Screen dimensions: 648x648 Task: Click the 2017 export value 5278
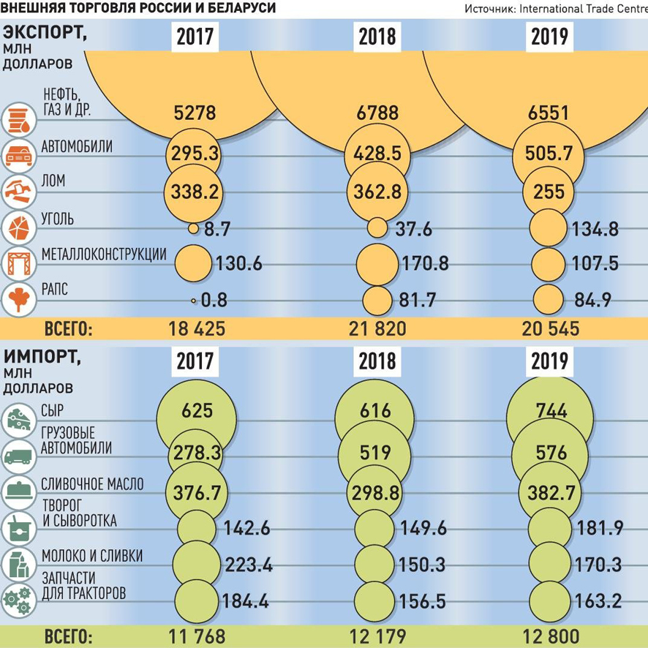[195, 114]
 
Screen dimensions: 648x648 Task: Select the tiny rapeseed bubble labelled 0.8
[194, 301]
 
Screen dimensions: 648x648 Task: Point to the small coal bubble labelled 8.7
[193, 228]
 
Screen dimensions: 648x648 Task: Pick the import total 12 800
[551, 636]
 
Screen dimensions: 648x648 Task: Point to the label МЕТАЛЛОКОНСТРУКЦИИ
[104, 255]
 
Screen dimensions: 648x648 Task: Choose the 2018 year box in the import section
[377, 360]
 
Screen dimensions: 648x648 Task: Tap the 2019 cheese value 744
[551, 411]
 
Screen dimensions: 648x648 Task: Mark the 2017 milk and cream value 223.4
[241, 564]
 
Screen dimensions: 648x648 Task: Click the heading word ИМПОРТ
[41, 358]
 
